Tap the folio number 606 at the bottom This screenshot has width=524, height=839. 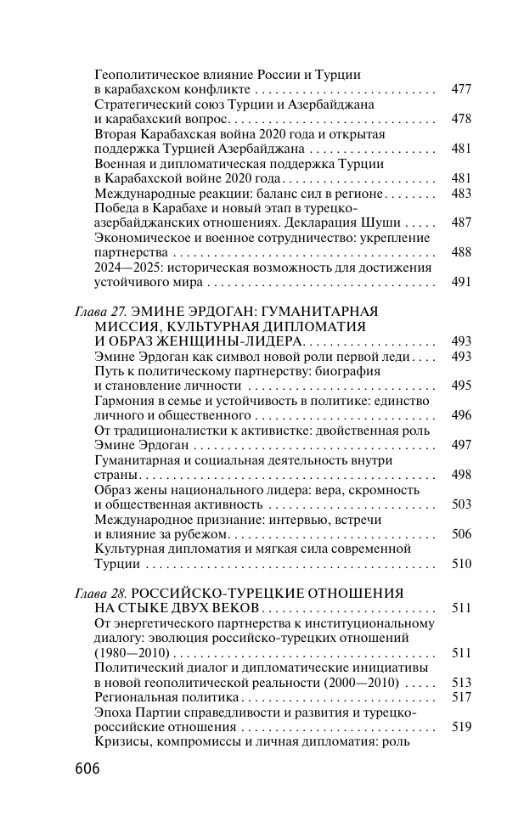pos(84,770)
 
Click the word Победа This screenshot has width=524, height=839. pos(118,208)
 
